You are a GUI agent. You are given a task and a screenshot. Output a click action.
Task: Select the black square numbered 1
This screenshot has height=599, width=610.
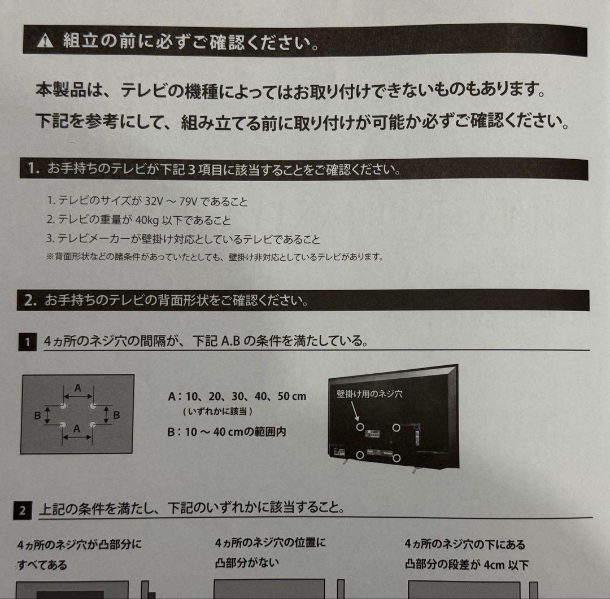click(26, 342)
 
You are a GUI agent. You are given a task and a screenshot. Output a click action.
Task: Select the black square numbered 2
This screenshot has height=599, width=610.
click(21, 511)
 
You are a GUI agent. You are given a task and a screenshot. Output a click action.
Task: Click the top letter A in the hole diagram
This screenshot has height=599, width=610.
click(78, 388)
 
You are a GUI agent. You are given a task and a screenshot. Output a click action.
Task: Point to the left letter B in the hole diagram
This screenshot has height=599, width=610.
click(37, 416)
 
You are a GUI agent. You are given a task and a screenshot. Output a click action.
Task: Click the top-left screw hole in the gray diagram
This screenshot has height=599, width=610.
click(63, 406)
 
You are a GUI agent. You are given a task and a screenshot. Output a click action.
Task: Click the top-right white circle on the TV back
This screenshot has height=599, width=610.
click(396, 427)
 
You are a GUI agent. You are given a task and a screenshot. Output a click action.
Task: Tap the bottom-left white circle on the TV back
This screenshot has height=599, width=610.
click(360, 454)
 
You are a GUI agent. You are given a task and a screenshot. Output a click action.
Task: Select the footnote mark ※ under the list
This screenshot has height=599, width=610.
click(50, 257)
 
